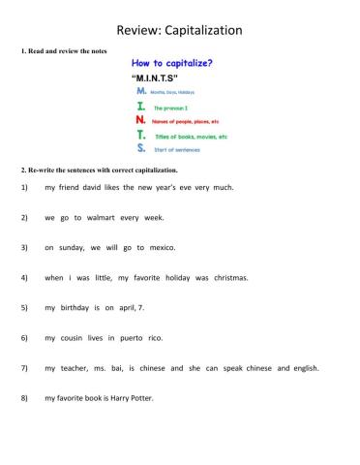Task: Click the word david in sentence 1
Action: (104, 187)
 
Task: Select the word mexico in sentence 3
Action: (161, 247)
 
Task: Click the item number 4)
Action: (23, 277)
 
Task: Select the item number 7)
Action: (23, 368)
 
